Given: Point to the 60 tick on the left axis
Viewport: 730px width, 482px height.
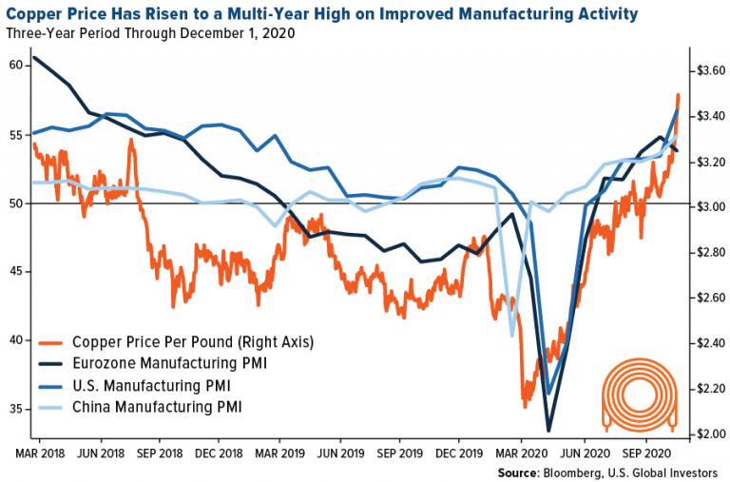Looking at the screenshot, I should [16, 66].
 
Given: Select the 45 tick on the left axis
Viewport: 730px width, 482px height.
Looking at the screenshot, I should [16, 272].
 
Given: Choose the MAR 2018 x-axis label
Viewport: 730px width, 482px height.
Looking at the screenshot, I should [39, 454].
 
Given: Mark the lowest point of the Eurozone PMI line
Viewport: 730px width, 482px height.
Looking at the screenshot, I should [548, 430].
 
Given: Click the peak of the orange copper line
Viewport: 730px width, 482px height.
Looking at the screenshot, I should [678, 94].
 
